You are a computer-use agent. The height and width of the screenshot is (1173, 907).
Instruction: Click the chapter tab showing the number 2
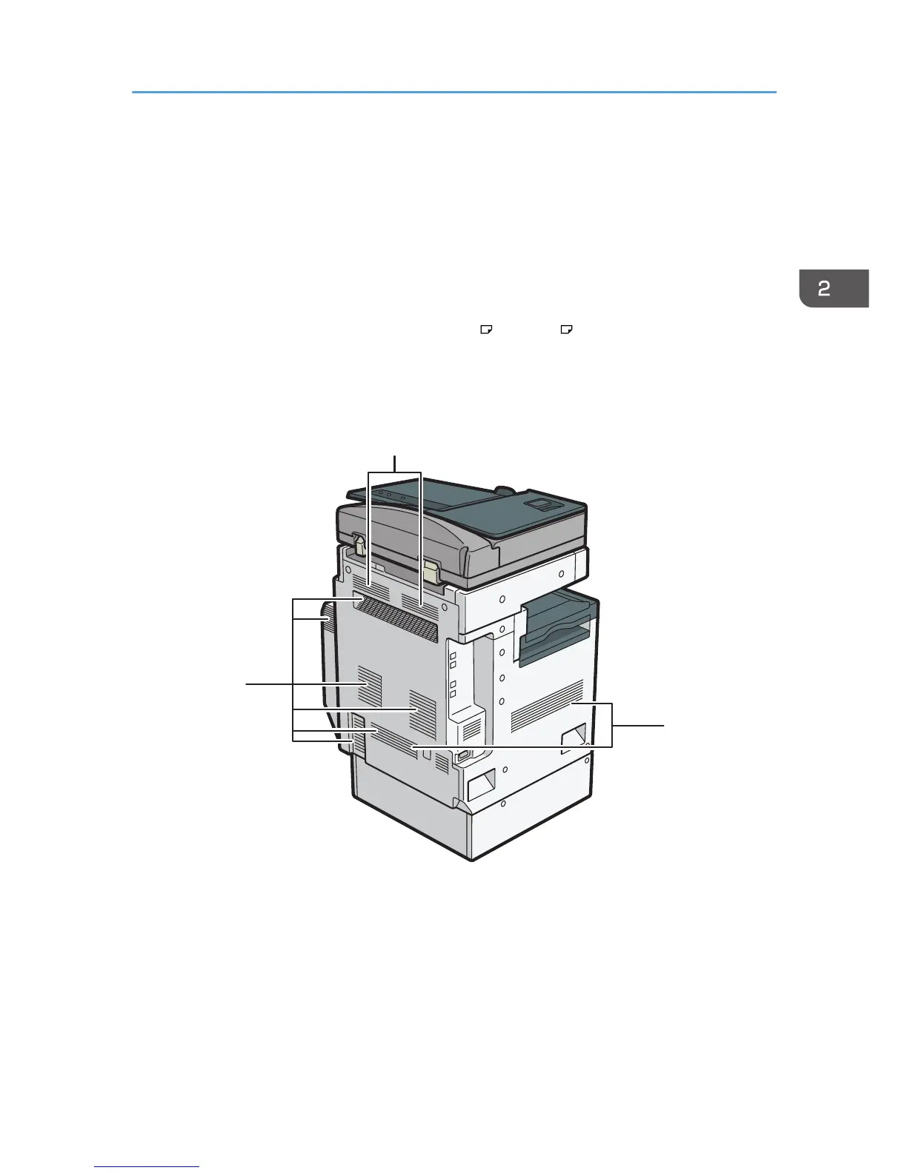(834, 288)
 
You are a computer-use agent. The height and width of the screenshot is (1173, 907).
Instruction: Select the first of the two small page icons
(486, 330)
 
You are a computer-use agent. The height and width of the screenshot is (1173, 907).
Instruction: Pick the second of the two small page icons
(566, 330)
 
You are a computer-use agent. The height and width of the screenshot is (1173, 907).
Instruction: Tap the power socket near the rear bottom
(462, 756)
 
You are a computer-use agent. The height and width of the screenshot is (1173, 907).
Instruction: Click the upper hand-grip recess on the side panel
(573, 738)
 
